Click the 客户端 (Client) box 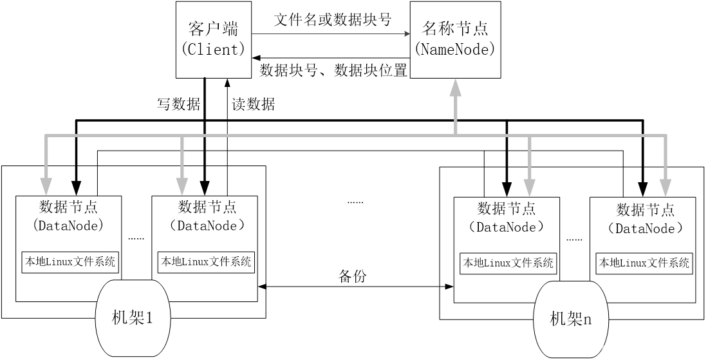(x=214, y=39)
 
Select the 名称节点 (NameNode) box (x=455, y=39)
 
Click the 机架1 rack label (x=133, y=317)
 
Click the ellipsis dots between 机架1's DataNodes (x=136, y=238)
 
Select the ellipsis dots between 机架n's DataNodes (x=574, y=238)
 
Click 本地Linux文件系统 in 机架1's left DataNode (x=70, y=262)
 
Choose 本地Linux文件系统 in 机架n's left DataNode (x=508, y=263)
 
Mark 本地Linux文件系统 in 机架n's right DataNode (x=644, y=263)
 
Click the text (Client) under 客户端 (x=214, y=50)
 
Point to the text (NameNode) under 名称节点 (x=455, y=50)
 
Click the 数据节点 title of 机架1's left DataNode (x=69, y=207)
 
